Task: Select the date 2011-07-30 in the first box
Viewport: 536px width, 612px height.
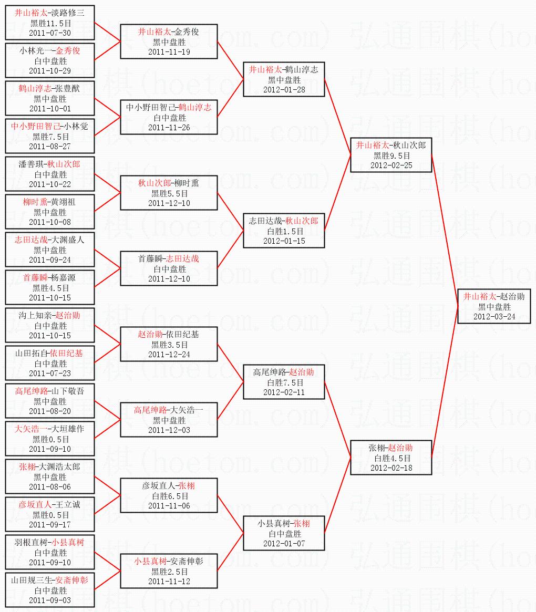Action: pos(50,33)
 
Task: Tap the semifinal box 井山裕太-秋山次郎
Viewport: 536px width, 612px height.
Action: pos(391,155)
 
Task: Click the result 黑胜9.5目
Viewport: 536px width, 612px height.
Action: pos(391,155)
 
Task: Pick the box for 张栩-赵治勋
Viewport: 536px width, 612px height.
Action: pos(391,458)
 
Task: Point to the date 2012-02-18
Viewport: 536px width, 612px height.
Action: pos(391,468)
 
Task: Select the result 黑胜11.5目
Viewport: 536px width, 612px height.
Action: pos(50,23)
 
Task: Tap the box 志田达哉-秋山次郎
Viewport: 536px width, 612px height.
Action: pos(284,230)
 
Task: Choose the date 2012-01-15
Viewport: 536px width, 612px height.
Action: pos(284,241)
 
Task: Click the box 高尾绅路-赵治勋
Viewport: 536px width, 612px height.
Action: pos(284,381)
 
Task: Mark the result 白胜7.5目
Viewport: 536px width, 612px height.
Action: pos(284,382)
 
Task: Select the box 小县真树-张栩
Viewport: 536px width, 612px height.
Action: pos(284,533)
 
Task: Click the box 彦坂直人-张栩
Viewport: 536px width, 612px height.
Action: pos(169,495)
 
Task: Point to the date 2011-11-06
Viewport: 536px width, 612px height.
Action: pos(169,505)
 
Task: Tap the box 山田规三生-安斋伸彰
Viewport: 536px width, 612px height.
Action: pos(50,589)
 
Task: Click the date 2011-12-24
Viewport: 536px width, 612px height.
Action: pos(169,354)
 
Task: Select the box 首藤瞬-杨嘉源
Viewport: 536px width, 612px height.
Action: pos(50,287)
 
